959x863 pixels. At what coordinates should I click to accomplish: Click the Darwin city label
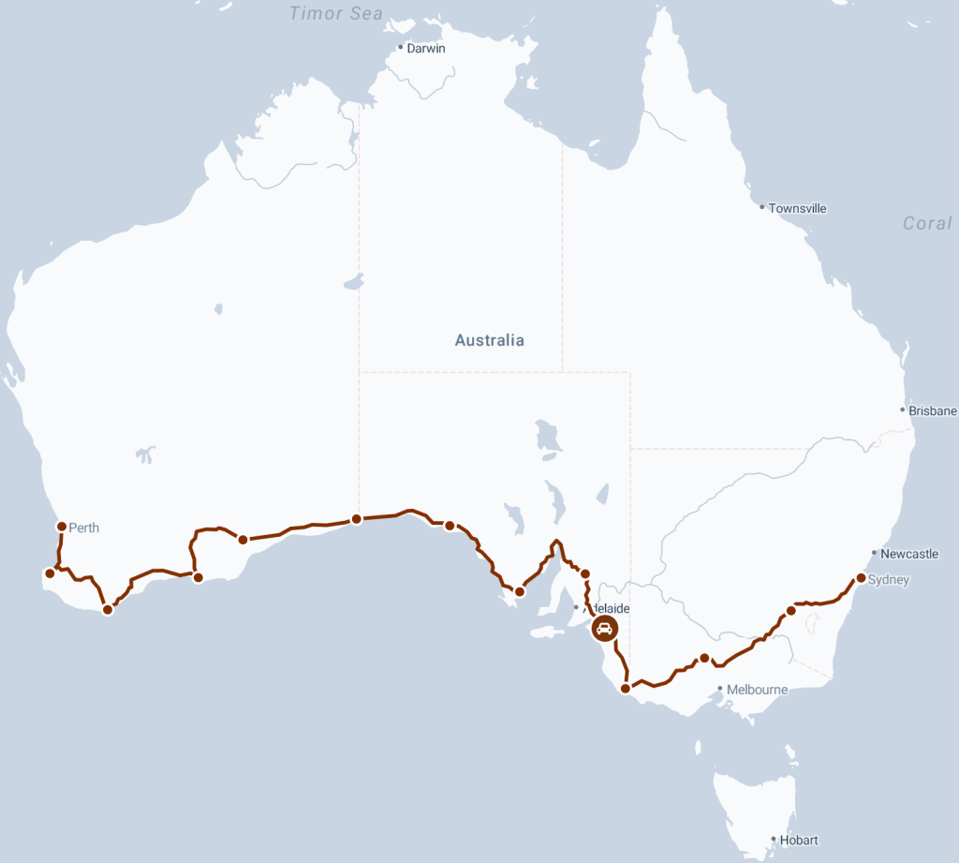pos(426,48)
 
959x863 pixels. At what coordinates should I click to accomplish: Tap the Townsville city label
pos(797,208)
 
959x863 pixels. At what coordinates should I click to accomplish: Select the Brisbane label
pos(933,410)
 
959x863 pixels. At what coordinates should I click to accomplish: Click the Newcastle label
pos(909,554)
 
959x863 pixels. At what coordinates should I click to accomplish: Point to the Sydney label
pos(889,580)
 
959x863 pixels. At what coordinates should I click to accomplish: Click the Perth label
pos(83,528)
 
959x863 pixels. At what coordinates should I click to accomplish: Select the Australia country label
pos(489,340)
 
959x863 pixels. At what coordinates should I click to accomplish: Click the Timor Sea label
pos(335,13)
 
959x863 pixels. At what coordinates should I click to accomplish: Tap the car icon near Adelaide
pos(605,629)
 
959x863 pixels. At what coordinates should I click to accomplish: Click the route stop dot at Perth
pos(62,527)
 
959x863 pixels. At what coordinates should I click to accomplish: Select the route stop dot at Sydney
pos(861,578)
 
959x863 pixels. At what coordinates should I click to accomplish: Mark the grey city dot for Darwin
pos(400,47)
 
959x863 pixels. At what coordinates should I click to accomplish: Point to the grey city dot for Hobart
pos(773,840)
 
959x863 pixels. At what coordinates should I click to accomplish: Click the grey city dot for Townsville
pos(762,207)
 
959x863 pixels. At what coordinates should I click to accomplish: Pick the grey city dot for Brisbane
pos(902,409)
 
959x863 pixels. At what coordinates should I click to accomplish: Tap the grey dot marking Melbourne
pos(719,689)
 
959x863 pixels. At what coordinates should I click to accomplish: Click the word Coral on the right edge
pos(926,223)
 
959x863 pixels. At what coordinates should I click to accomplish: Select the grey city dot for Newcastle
pos(874,553)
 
